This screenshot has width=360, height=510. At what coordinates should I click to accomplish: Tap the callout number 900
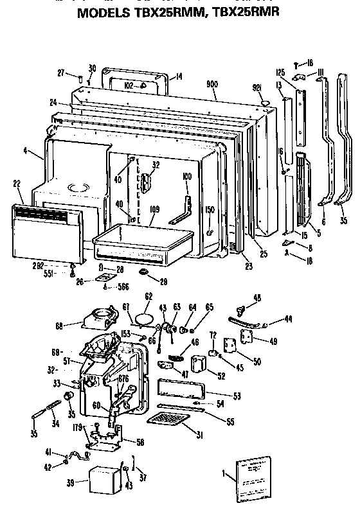click(x=212, y=84)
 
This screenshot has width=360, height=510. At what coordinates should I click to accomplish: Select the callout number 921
click(x=256, y=87)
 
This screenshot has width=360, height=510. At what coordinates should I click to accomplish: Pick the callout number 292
click(x=56, y=264)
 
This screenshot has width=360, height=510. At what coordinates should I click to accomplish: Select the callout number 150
click(x=210, y=210)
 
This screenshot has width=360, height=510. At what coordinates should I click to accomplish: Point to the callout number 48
click(x=257, y=297)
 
